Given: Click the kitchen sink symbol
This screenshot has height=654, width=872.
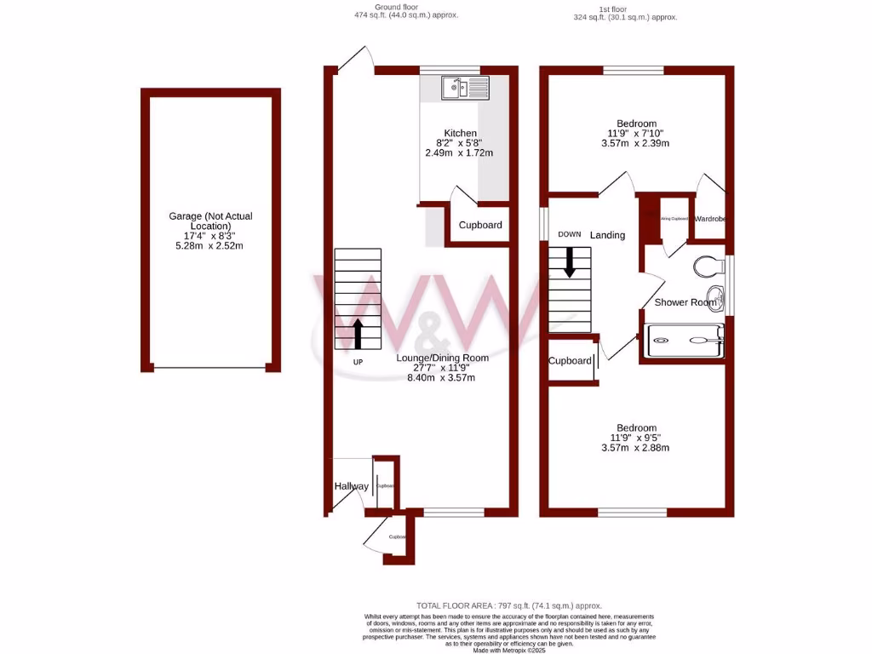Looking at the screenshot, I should (464, 87).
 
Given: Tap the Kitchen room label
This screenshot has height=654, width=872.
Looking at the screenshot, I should (459, 133).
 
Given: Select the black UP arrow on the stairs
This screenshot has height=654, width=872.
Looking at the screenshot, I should (358, 334).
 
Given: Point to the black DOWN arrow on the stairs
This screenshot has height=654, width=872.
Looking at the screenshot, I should (570, 262).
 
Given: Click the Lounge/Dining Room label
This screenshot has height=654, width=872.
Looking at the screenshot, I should (442, 358).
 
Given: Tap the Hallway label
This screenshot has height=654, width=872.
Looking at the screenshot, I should (351, 486).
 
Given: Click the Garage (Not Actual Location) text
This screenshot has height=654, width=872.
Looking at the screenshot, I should (210, 221).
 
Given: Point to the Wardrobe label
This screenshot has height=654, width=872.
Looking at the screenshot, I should (710, 219).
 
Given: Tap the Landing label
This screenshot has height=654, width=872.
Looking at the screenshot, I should (607, 235).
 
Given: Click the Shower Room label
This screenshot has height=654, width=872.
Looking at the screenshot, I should (685, 302).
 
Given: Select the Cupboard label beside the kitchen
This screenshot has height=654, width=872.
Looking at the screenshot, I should (480, 225).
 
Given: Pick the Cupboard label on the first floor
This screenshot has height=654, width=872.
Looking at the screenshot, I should (570, 361).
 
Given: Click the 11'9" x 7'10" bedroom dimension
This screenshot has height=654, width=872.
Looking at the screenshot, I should (636, 133).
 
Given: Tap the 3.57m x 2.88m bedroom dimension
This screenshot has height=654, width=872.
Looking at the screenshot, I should (636, 448).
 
